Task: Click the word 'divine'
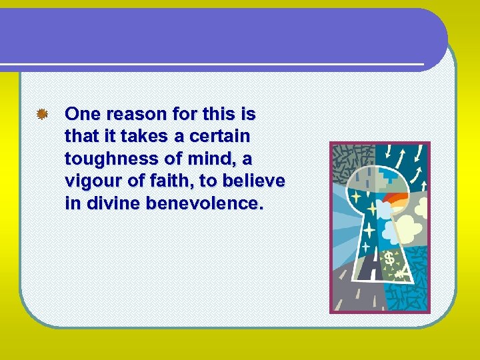(x=108, y=203)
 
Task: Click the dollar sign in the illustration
(x=389, y=257)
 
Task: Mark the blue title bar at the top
(x=220, y=37)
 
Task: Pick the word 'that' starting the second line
(x=81, y=137)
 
